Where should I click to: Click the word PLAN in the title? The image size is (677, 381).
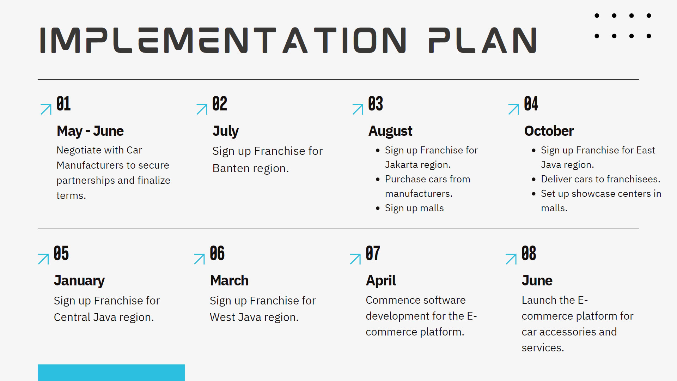(483, 40)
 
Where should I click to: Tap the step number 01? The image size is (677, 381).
(63, 104)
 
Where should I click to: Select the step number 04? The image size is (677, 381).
(531, 104)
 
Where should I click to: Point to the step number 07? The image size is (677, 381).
(373, 253)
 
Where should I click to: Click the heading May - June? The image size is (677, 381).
(90, 131)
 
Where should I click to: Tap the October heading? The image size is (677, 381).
(549, 131)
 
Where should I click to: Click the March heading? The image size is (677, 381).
(230, 280)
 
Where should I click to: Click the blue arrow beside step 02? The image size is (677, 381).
(202, 109)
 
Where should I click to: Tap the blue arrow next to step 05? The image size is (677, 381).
(43, 259)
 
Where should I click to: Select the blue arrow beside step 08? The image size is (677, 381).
(511, 259)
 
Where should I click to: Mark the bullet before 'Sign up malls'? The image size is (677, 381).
(378, 208)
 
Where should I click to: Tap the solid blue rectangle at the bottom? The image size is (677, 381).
(111, 373)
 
